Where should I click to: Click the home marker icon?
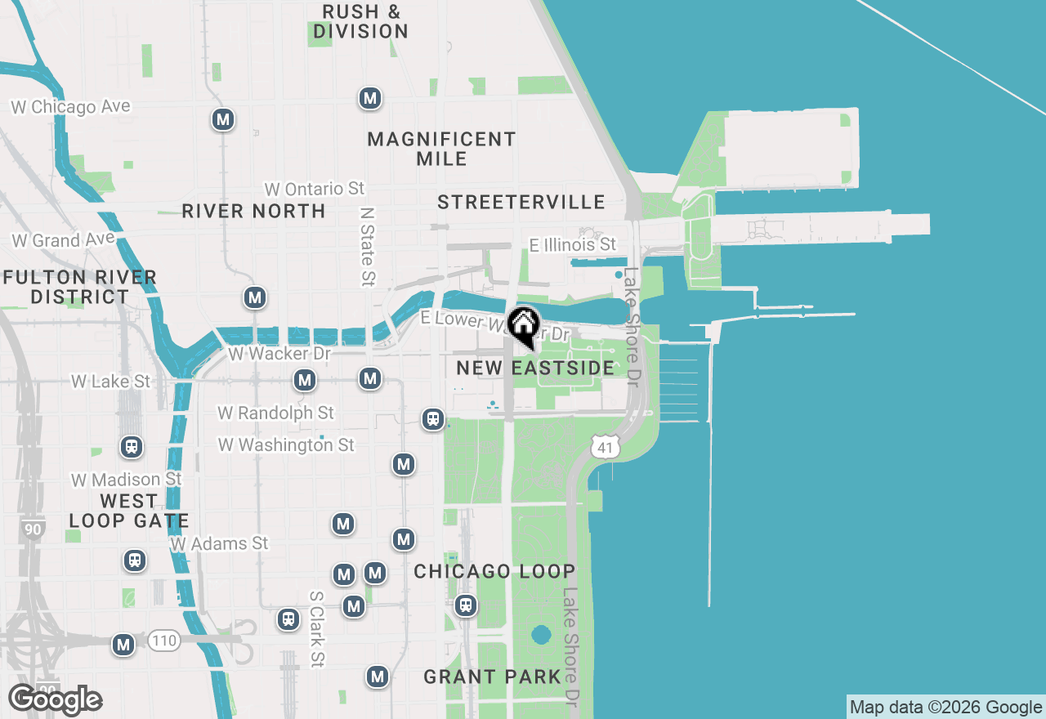(x=523, y=325)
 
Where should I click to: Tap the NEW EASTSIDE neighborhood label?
(x=535, y=368)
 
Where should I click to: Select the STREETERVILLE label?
(x=521, y=202)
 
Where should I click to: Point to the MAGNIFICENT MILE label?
(x=441, y=149)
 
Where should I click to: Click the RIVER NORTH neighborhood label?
(x=253, y=211)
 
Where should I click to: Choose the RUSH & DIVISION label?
(x=360, y=22)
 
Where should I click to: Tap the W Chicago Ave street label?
(x=70, y=107)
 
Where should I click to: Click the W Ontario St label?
(x=315, y=189)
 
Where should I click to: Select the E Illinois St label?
(x=572, y=244)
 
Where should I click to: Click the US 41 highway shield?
(x=606, y=447)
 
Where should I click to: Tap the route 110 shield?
(x=164, y=641)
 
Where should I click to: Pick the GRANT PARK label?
(x=492, y=677)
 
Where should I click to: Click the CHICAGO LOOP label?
(x=494, y=571)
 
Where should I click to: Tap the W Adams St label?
(x=219, y=543)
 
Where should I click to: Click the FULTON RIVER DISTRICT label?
(x=79, y=287)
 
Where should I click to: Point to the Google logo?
(x=55, y=699)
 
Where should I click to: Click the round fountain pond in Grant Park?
(x=540, y=635)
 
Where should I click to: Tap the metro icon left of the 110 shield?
(x=124, y=645)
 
